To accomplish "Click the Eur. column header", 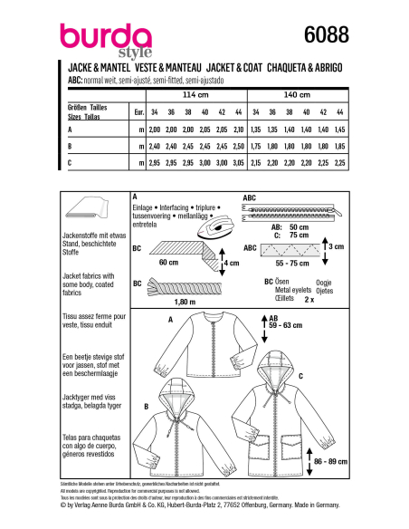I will (x=138, y=111).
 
